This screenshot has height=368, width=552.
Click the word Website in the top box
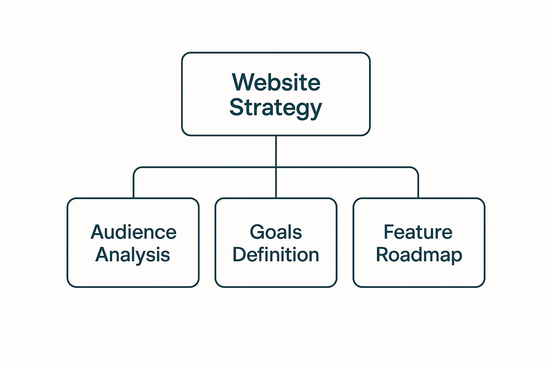276,82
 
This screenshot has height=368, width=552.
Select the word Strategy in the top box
276,107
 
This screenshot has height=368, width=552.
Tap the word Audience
133,232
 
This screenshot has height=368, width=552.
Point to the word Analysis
133,255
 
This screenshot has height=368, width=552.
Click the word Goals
276,232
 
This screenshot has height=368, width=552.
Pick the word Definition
276,254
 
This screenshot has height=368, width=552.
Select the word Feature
418,232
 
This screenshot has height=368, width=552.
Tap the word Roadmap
419,255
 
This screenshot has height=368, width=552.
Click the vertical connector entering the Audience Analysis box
134,187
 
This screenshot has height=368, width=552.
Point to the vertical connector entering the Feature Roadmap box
418,187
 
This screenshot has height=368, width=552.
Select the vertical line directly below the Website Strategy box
276,151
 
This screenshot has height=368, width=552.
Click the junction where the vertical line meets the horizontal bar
276,167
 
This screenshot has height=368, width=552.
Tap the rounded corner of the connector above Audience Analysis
135,169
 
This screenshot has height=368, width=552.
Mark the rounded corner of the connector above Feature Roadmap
416,169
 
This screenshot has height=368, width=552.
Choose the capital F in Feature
389,232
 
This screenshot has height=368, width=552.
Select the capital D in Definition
239,254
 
